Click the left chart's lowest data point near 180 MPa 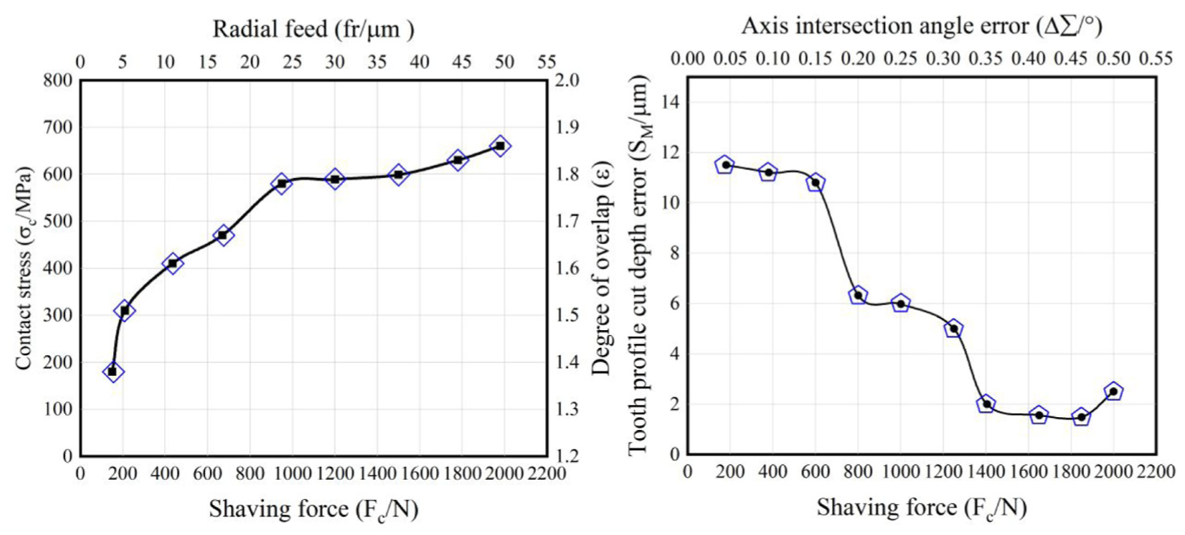pos(112,372)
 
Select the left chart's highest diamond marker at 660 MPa pos(500,146)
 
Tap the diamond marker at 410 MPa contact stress pos(172,263)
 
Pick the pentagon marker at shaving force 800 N pos(858,295)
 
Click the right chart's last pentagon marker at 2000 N pos(1113,392)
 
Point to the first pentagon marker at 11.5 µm pos(725,165)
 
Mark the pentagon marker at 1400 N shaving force pos(986,404)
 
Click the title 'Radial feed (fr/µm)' pos(313,29)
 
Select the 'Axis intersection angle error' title pos(922,25)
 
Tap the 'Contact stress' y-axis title pos(24,268)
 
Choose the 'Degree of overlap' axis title pos(602,268)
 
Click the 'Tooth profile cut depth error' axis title pos(639,263)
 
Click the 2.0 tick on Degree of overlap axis pos(567,80)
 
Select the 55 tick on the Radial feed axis pos(547,63)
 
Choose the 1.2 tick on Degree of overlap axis pos(567,455)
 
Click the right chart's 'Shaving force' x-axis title pos(921,508)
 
